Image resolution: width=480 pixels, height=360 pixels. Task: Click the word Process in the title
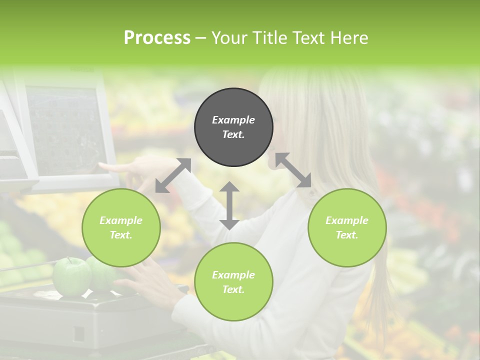point(157,38)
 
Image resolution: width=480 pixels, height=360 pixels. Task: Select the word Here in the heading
point(349,38)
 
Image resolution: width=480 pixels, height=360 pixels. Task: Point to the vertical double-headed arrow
point(229,205)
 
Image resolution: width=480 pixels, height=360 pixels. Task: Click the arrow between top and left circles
point(173,175)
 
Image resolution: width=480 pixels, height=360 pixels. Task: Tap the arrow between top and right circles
point(293,170)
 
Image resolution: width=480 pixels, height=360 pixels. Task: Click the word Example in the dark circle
point(233,120)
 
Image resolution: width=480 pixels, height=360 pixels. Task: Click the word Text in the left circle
point(121,235)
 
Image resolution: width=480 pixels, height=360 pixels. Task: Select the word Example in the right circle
point(347,220)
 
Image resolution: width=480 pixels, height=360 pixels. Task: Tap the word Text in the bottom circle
point(233,289)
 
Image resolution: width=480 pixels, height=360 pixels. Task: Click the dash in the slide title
point(200,38)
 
